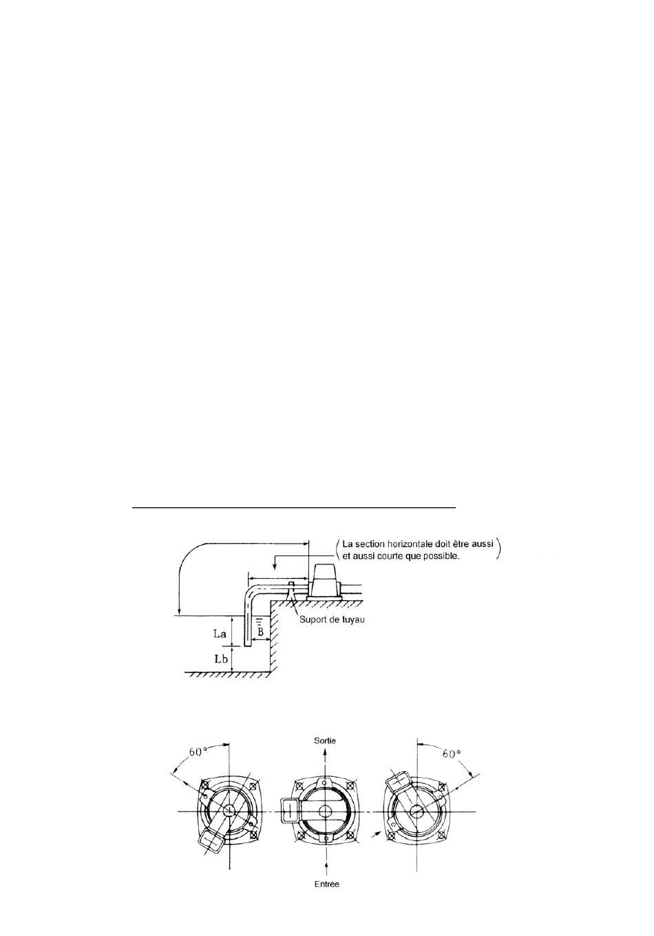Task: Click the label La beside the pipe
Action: pos(220,634)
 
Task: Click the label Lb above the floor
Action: pos(221,659)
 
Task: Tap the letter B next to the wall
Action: pos(260,632)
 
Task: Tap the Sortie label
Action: pos(325,741)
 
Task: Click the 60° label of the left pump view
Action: pos(198,752)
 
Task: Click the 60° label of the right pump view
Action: pos(452,754)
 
